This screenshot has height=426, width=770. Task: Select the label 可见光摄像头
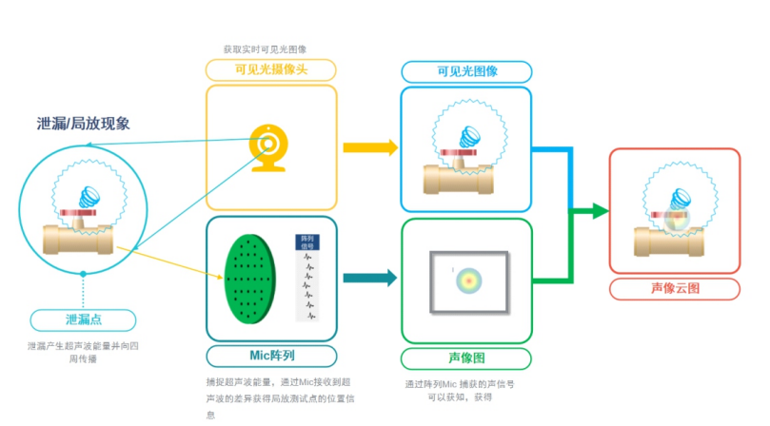click(271, 69)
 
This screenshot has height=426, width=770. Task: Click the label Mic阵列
click(271, 356)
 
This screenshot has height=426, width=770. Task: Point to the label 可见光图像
click(466, 71)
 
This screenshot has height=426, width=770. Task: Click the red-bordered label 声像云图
click(674, 289)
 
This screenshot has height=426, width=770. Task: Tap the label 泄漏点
click(83, 320)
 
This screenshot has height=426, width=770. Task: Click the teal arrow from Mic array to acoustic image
click(369, 279)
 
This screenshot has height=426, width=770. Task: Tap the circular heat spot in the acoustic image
click(467, 279)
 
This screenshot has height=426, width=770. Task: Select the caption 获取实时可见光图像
click(265, 48)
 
